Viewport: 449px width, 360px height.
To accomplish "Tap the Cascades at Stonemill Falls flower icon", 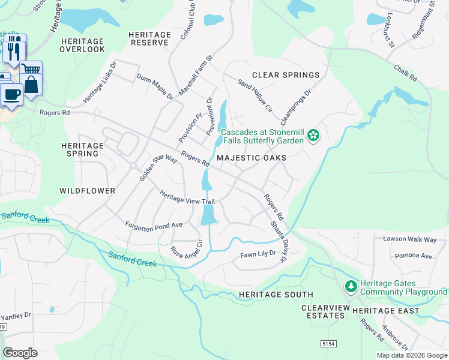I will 313,136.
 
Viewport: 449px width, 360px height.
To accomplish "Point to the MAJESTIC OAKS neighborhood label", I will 251,157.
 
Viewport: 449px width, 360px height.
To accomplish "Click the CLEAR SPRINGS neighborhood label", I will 286,75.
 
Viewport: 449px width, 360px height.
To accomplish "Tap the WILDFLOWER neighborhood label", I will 87,190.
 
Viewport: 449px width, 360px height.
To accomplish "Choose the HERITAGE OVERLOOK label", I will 83,45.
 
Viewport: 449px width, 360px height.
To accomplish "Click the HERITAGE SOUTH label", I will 276,295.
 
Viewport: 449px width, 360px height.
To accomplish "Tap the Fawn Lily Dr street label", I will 258,254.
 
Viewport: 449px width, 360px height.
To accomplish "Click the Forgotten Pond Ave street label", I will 153,225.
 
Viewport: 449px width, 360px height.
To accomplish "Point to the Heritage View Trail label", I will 186,197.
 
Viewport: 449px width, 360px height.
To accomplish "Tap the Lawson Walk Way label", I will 410,239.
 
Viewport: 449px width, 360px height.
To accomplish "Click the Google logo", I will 20,353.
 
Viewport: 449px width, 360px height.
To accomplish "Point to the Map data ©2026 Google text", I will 411,355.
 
